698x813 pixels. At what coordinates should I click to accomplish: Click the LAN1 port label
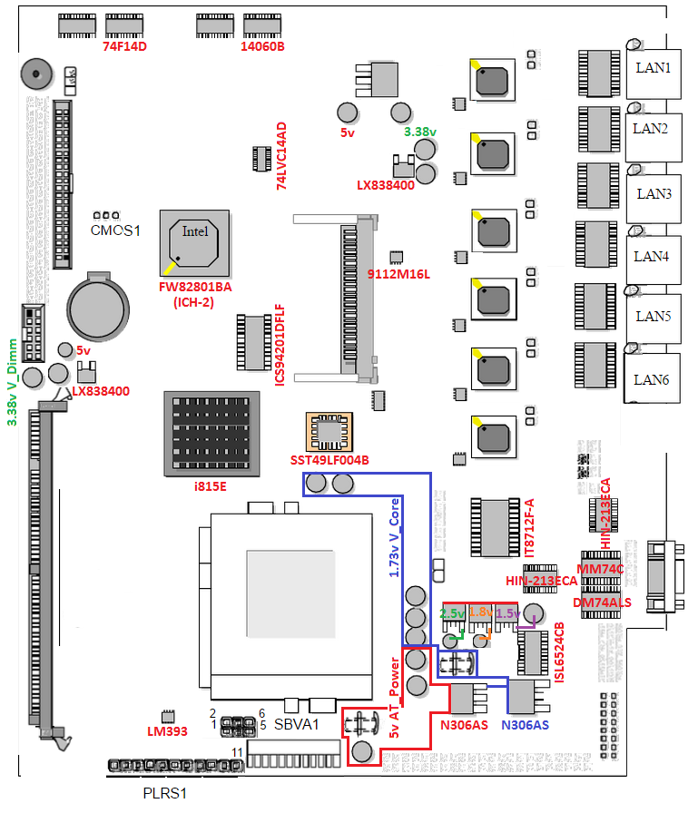[653, 67]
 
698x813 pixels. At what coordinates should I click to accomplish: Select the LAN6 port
[652, 379]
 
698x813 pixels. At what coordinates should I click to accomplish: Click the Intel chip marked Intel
[194, 231]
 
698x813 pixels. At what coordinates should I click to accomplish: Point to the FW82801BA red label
[195, 288]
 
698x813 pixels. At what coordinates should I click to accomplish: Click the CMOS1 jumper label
[116, 230]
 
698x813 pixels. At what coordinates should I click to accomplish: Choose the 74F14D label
[125, 45]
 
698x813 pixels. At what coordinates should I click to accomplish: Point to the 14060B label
[262, 45]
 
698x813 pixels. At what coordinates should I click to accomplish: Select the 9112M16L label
[398, 273]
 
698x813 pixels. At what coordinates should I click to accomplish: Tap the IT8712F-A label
[530, 527]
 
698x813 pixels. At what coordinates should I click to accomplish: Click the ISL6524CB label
[559, 652]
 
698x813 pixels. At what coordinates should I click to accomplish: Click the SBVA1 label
[298, 724]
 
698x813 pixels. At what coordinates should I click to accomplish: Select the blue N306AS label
[525, 725]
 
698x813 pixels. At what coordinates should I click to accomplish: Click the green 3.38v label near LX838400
[420, 132]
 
